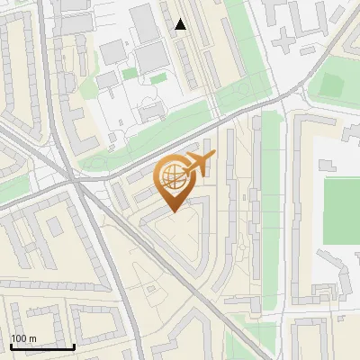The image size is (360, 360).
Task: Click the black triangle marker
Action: tap(181, 25)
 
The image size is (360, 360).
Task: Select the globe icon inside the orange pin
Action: tap(172, 177)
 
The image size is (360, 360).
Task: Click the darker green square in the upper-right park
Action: tap(331, 85)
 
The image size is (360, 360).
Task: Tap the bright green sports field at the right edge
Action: tap(342, 211)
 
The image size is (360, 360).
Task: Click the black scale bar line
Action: tap(41, 347)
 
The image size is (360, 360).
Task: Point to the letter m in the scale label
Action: tap(32, 338)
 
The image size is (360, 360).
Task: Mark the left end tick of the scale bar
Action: tap(11, 346)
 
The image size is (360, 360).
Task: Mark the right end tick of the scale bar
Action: tap(73, 346)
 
